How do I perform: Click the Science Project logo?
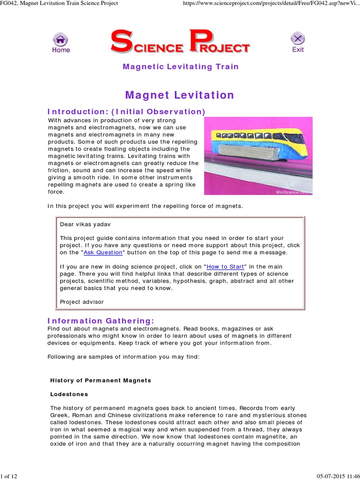[180, 42]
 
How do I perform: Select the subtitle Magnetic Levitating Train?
[180, 67]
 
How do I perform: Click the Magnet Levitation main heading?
[180, 95]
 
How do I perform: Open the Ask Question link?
[103, 253]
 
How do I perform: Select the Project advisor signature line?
[82, 302]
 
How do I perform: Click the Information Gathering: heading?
[101, 321]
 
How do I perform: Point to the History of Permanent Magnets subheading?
[101, 380]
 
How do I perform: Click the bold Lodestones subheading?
[69, 394]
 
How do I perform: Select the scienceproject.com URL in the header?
[270, 3]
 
